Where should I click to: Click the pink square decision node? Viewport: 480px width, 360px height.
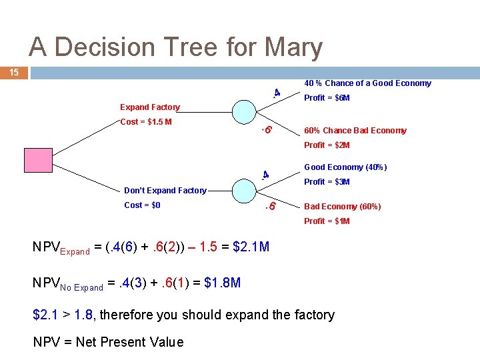click(37, 161)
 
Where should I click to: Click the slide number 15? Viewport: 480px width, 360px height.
click(14, 72)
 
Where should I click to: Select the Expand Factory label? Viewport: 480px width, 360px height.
click(150, 107)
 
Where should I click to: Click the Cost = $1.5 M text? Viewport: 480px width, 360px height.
click(146, 122)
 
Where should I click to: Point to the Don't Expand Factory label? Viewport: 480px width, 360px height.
click(165, 191)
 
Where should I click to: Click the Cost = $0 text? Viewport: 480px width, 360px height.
click(142, 205)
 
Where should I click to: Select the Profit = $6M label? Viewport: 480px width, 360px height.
click(327, 98)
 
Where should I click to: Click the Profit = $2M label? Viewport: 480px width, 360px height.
click(327, 145)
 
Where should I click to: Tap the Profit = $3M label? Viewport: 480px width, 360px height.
click(327, 182)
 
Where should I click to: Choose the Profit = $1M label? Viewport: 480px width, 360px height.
click(327, 221)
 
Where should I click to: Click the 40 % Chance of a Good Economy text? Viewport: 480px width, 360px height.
click(367, 83)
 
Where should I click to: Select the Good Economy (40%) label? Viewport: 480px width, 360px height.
click(345, 167)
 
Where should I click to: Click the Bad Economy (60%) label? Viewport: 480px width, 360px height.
click(343, 207)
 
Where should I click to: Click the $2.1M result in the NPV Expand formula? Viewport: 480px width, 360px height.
click(251, 248)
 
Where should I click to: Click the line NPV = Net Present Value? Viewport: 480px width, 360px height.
click(108, 342)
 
